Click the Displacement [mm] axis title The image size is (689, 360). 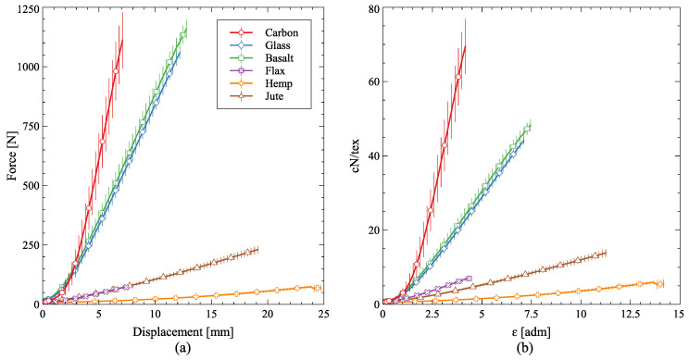pos(182,331)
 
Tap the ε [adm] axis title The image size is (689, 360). pos(532,331)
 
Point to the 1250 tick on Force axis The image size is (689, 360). pos(25,8)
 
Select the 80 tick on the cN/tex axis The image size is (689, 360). pos(370,8)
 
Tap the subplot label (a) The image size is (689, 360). pos(182,349)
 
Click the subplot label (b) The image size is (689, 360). pos(532,349)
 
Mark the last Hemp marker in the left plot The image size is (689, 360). pos(318,288)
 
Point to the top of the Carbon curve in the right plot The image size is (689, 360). pos(465,44)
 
